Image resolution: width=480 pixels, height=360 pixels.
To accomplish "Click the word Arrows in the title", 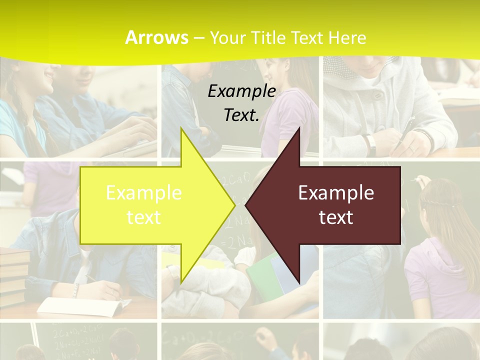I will pos(157,37).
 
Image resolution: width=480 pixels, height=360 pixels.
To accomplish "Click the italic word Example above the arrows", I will pos(242,91).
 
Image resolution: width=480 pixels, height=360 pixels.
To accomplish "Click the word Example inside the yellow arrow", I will pos(144,193).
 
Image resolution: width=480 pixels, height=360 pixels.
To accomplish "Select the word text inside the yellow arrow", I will pos(144,217).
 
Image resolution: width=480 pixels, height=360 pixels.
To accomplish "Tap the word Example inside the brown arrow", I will pos(336,193).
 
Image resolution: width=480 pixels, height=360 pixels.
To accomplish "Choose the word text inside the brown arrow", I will pos(336,217).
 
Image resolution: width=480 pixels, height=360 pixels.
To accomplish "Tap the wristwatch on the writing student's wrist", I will pos(370,143).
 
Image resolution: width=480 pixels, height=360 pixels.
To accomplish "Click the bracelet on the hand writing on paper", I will pos(75,290).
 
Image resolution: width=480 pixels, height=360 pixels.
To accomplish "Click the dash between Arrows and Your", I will pos(198,38).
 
